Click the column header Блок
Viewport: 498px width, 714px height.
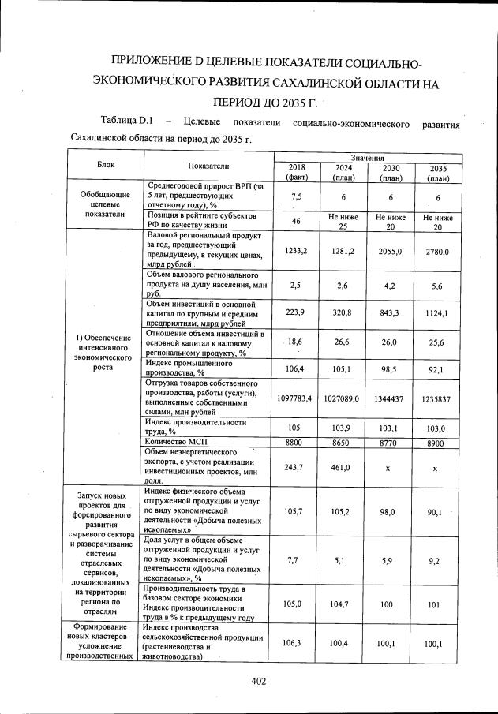click(x=106, y=166)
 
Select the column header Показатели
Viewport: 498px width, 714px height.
click(x=209, y=166)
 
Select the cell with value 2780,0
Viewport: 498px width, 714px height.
click(x=436, y=252)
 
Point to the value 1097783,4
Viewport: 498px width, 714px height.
click(x=295, y=399)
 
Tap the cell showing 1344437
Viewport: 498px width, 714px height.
click(x=390, y=399)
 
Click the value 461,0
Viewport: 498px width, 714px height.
click(x=343, y=467)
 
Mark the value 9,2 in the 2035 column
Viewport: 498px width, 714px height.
click(x=436, y=561)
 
